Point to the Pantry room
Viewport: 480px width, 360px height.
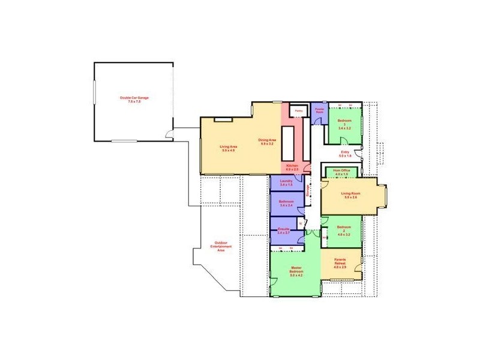pyautogui.click(x=298, y=111)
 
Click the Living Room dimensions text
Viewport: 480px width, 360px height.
pyautogui.click(x=350, y=197)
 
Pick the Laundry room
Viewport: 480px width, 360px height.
pyautogui.click(x=286, y=182)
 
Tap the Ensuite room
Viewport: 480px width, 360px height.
pyautogui.click(x=284, y=229)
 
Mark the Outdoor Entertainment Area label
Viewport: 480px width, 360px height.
pyautogui.click(x=221, y=247)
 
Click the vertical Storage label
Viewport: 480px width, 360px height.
pyautogui.click(x=308, y=190)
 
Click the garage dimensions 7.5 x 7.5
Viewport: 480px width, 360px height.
pyautogui.click(x=134, y=102)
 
